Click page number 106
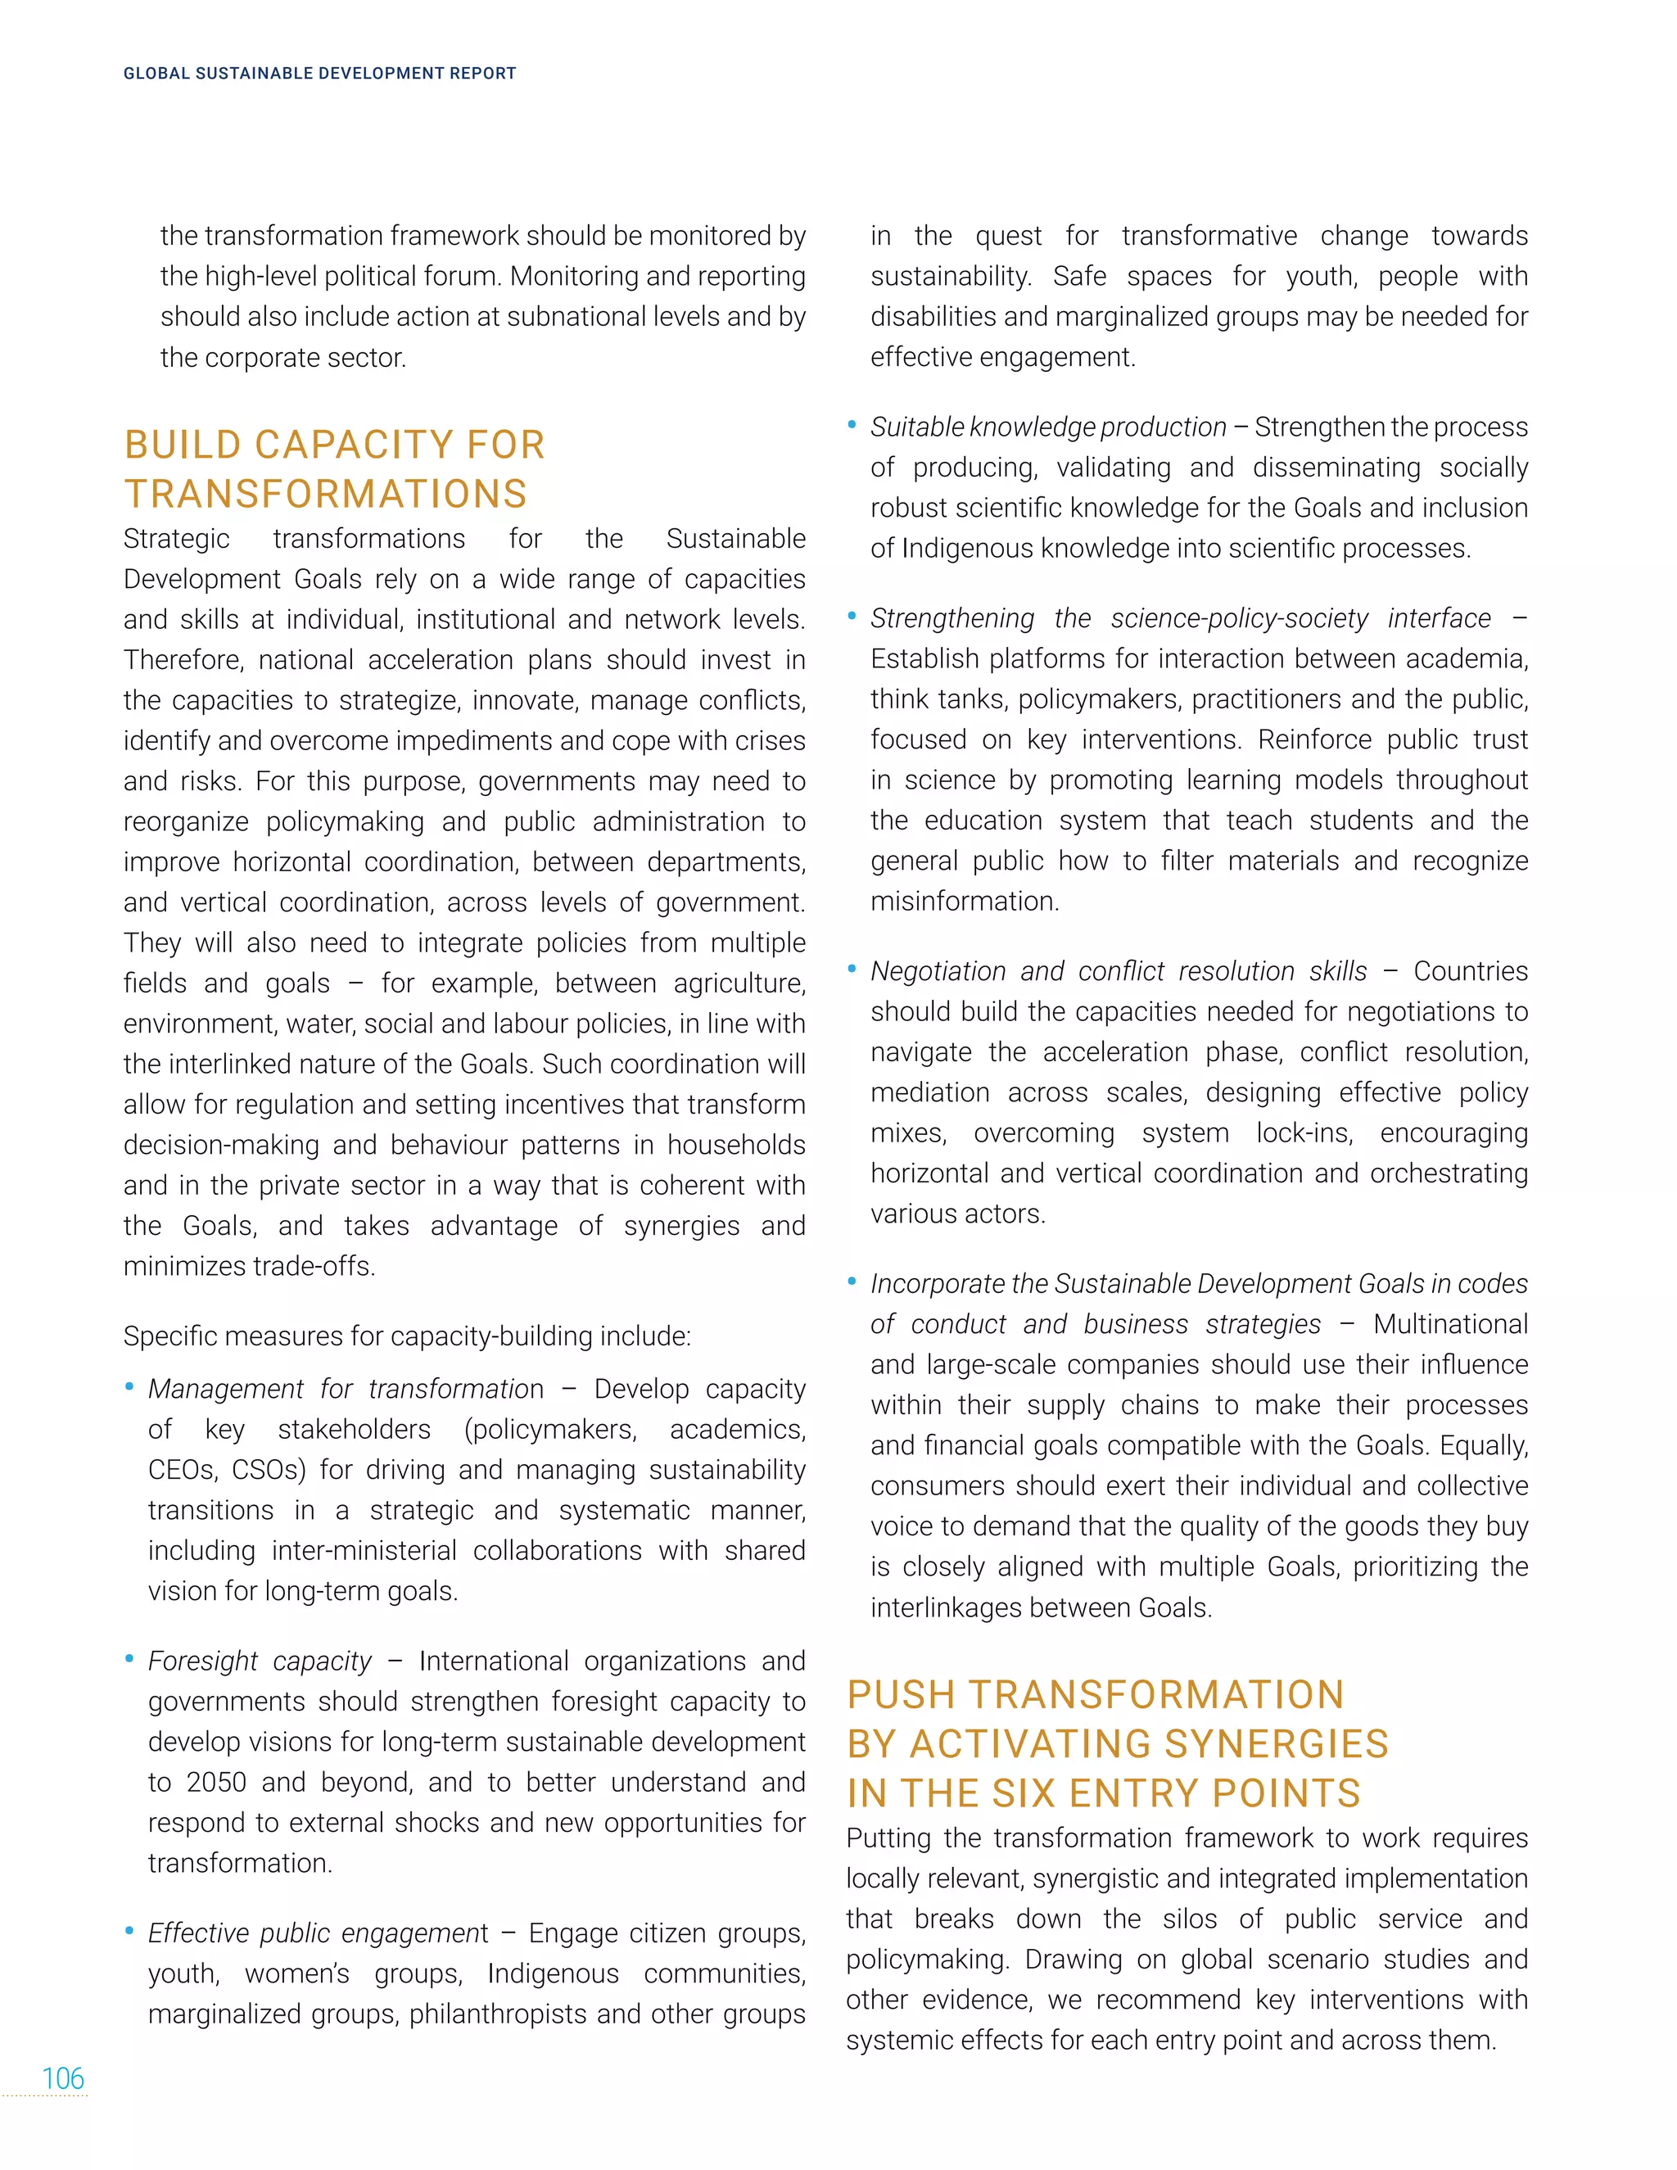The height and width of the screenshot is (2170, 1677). [x=62, y=2077]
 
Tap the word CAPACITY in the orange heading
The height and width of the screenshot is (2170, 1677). [x=354, y=445]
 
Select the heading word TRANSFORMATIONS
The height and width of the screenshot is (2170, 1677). [x=326, y=494]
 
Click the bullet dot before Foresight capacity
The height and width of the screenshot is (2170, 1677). [x=129, y=1658]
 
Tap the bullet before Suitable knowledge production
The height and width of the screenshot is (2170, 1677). [x=852, y=424]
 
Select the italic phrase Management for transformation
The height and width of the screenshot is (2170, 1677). [x=346, y=1388]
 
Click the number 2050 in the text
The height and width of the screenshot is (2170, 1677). [x=215, y=1782]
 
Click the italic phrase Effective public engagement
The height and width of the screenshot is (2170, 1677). [x=318, y=1933]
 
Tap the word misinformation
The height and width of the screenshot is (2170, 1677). [x=964, y=902]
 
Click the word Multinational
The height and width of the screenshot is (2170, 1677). [x=1450, y=1323]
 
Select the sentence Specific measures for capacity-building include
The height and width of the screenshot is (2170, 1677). [x=406, y=1336]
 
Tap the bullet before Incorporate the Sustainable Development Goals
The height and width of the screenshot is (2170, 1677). [x=852, y=1281]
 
